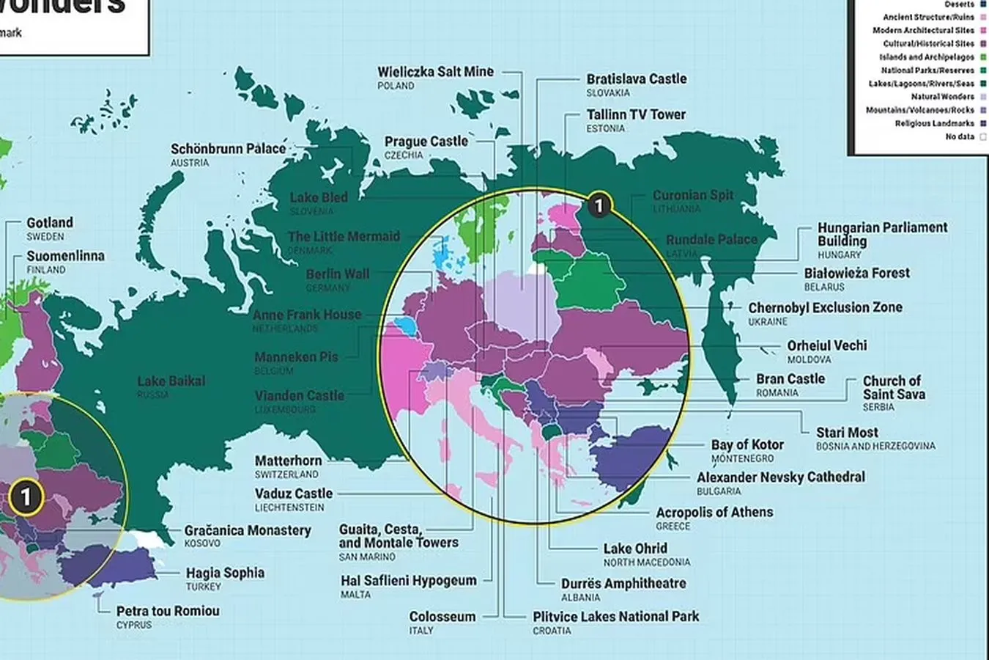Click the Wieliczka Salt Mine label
(x=435, y=72)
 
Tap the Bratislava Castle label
(x=636, y=79)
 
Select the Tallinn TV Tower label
(x=636, y=114)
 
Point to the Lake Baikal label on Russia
(x=171, y=381)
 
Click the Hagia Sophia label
(x=225, y=573)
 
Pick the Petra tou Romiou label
(x=168, y=611)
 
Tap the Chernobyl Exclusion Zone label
(x=825, y=308)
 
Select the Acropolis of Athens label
(x=714, y=513)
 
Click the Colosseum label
(x=442, y=617)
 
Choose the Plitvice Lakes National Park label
(x=615, y=617)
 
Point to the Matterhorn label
(x=288, y=461)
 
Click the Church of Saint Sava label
(x=893, y=388)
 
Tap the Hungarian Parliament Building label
(x=882, y=234)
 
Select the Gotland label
(x=50, y=223)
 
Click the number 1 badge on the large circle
(x=599, y=205)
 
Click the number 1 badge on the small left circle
(x=26, y=497)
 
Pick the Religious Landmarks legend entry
(x=934, y=123)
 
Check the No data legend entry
(x=960, y=136)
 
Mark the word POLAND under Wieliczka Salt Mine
(x=396, y=86)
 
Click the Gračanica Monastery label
(x=248, y=530)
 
